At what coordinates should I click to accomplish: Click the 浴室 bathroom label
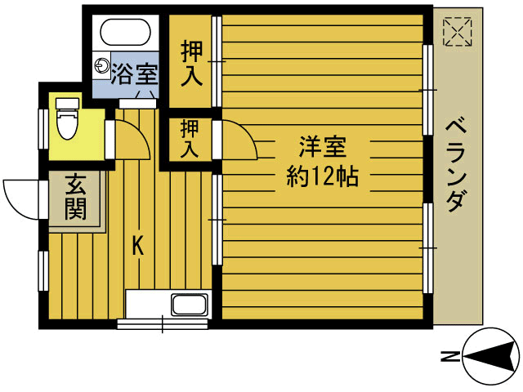pyautogui.click(x=136, y=73)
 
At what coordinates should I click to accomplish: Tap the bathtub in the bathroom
pyautogui.click(x=125, y=33)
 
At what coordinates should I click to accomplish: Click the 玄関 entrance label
pyautogui.click(x=74, y=198)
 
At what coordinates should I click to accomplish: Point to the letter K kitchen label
pyautogui.click(x=138, y=245)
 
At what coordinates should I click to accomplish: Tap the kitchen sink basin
pyautogui.click(x=189, y=306)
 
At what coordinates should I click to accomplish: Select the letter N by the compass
pyautogui.click(x=448, y=357)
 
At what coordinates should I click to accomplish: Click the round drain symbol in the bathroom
pyautogui.click(x=101, y=65)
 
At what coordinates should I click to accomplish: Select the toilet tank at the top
pyautogui.click(x=65, y=103)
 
